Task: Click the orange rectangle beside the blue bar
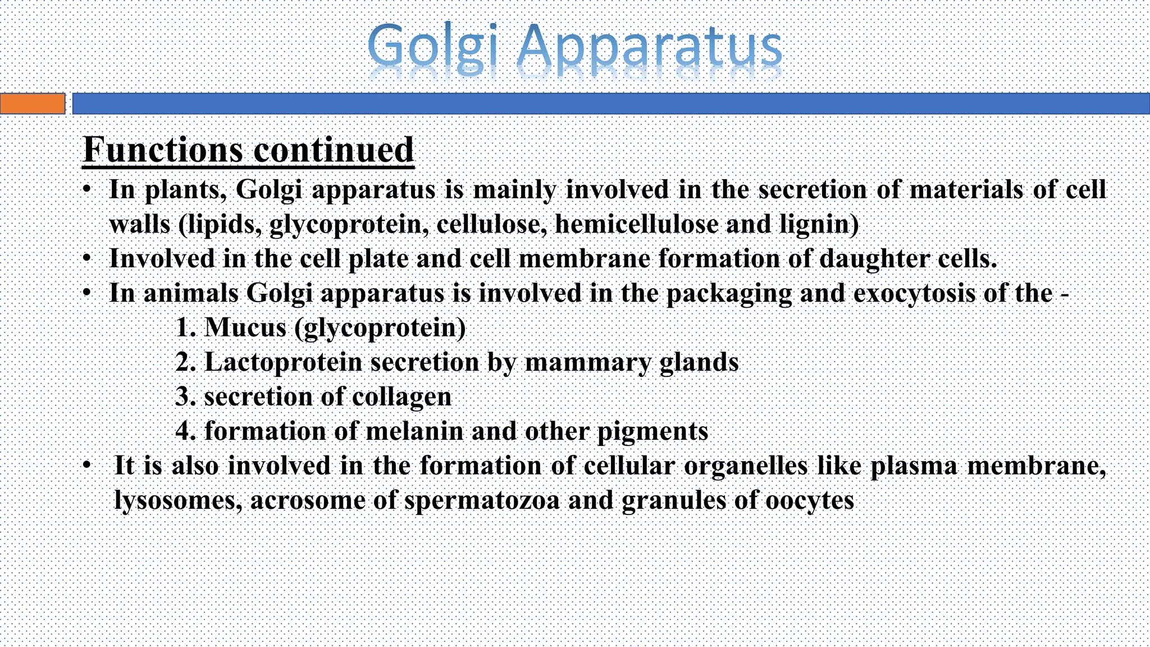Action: [33, 104]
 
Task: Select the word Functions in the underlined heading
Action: [163, 150]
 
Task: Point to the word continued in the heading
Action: [334, 150]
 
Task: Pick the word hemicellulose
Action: [637, 224]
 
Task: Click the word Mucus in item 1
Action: [245, 327]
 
